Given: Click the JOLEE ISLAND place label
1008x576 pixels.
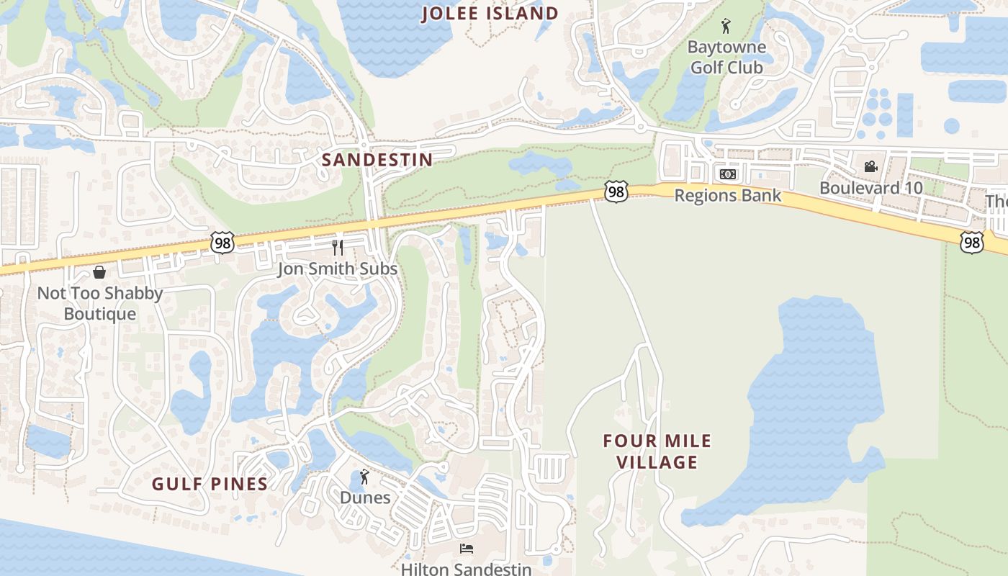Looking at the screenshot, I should click(490, 14).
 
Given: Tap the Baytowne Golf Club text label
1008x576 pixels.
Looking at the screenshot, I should click(726, 58).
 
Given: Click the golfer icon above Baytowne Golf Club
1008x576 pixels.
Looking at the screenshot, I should click(726, 27).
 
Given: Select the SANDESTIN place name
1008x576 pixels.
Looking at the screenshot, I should click(377, 160).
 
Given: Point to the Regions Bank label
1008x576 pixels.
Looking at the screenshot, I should click(727, 195).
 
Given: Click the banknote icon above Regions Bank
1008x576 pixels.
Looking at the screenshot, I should click(727, 174).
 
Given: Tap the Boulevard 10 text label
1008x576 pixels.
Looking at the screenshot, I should click(870, 188).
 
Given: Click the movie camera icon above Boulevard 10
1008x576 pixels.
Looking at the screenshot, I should click(870, 167).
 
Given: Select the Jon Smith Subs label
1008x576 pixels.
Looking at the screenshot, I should click(338, 269).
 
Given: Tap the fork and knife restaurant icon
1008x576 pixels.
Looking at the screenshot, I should click(338, 248).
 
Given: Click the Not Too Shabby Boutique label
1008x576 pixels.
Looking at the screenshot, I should click(100, 303).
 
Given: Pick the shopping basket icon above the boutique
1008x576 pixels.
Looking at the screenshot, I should click(99, 272).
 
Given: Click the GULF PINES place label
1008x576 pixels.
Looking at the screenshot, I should click(210, 484).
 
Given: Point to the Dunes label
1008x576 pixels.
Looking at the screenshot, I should click(365, 498).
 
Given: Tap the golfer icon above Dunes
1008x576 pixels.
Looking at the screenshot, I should click(365, 477).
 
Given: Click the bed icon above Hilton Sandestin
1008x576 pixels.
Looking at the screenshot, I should click(466, 549).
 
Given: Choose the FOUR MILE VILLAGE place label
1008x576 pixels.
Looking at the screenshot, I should click(657, 451).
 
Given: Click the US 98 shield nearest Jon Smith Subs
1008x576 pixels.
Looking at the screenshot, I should click(222, 243).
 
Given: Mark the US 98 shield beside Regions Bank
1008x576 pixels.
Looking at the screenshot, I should click(616, 192).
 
